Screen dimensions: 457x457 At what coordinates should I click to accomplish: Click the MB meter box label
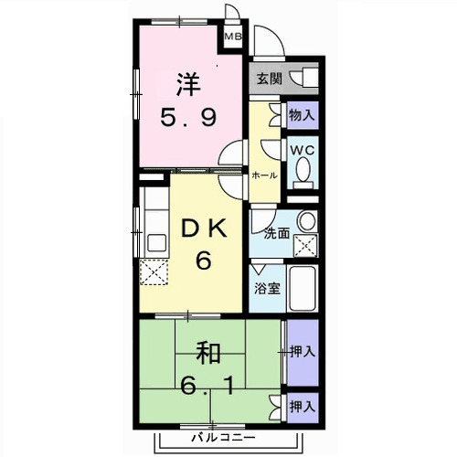pyautogui.click(x=235, y=37)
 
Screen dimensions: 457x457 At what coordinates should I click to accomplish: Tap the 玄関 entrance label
pyautogui.click(x=270, y=78)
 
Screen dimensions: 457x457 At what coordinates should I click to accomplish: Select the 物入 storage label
pyautogui.click(x=302, y=115)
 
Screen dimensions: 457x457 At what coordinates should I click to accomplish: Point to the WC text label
pyautogui.click(x=302, y=149)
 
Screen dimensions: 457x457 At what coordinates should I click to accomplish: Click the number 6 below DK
pyautogui.click(x=203, y=261)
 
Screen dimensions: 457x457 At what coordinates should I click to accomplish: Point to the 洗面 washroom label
pyautogui.click(x=277, y=233)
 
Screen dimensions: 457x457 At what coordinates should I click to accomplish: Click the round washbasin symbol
pyautogui.click(x=307, y=222)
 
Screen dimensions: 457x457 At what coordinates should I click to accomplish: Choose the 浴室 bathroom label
pyautogui.click(x=267, y=286)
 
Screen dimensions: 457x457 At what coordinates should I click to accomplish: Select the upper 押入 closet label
pyautogui.click(x=302, y=350)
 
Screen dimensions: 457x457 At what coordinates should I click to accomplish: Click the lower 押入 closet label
pyautogui.click(x=302, y=405)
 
